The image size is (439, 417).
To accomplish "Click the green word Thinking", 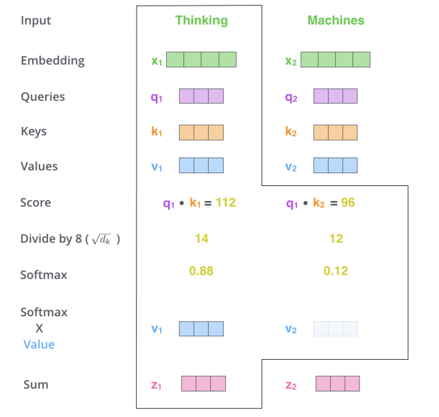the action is pyautogui.click(x=201, y=20).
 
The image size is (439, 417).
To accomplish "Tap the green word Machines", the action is pyautogui.click(x=335, y=20).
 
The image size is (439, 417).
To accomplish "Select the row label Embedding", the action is pyautogui.click(x=53, y=60).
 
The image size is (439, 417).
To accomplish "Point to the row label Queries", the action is pyautogui.click(x=43, y=97).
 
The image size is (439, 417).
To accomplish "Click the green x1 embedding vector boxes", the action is pyautogui.click(x=201, y=59).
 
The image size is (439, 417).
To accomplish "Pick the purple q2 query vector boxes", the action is pyautogui.click(x=335, y=96).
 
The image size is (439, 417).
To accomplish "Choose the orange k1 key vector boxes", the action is pyautogui.click(x=201, y=132).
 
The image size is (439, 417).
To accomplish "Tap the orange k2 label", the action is pyautogui.click(x=291, y=132).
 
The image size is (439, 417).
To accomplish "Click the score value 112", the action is pyautogui.click(x=226, y=202).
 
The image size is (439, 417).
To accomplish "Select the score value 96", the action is pyautogui.click(x=348, y=202).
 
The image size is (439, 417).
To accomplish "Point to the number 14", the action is pyautogui.click(x=201, y=239).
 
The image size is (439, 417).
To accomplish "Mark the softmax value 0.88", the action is pyautogui.click(x=201, y=271).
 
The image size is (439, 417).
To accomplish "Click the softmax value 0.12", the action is pyautogui.click(x=335, y=271).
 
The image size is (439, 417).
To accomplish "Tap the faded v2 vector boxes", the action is pyautogui.click(x=335, y=329).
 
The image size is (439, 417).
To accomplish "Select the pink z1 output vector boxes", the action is pyautogui.click(x=203, y=383).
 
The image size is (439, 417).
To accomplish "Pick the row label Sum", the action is pyautogui.click(x=36, y=384).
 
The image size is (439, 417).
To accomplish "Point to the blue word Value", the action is pyautogui.click(x=39, y=344).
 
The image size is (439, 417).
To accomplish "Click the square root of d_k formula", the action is pyautogui.click(x=100, y=239).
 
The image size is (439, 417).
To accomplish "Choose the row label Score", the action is pyautogui.click(x=36, y=203).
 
